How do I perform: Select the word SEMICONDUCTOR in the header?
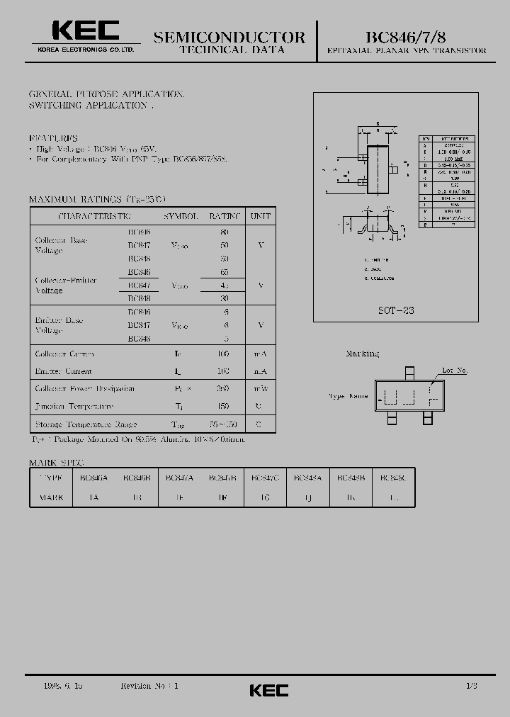(229, 37)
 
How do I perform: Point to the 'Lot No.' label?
(455, 371)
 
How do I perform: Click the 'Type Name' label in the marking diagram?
(348, 397)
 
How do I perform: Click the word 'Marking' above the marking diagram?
(362, 354)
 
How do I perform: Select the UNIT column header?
(261, 216)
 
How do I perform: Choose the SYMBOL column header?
(181, 216)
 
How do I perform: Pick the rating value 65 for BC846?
(224, 271)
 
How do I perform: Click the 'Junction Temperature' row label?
(74, 407)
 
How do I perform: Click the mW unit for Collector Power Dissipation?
(261, 389)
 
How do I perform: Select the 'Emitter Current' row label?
(64, 371)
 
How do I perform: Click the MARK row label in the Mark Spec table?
(50, 497)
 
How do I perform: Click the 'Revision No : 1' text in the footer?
(150, 687)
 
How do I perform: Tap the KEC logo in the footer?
(269, 689)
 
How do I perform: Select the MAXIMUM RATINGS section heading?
(96, 200)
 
